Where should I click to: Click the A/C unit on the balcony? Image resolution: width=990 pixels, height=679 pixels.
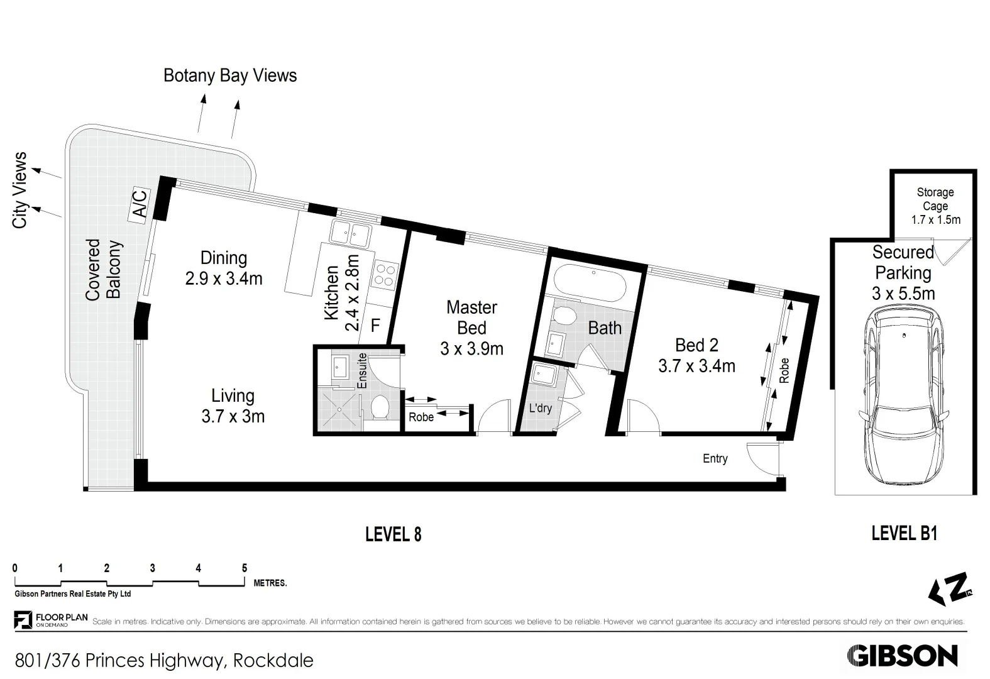coord(139,204)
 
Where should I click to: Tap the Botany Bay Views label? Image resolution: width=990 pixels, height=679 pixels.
coord(229,75)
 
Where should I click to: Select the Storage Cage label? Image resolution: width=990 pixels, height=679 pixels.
coord(935,199)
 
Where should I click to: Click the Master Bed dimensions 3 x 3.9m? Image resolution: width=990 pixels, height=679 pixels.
coord(471,349)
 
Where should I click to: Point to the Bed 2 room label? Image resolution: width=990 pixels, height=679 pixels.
coord(696,345)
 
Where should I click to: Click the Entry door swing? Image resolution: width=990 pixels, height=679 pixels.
coord(759,458)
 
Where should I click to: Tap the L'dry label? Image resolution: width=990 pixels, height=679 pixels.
coord(540,408)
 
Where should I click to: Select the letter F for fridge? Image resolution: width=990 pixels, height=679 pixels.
coord(375,325)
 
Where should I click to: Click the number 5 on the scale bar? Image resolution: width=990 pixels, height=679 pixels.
coord(245,568)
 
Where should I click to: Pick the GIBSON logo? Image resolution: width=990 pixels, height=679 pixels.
coord(902,656)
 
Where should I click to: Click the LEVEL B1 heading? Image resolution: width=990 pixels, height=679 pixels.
coord(904,534)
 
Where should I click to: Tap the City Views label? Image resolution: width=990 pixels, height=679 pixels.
coord(20,190)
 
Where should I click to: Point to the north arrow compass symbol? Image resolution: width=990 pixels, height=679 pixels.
coord(950,590)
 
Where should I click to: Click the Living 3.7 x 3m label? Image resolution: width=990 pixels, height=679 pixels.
coord(233,406)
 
